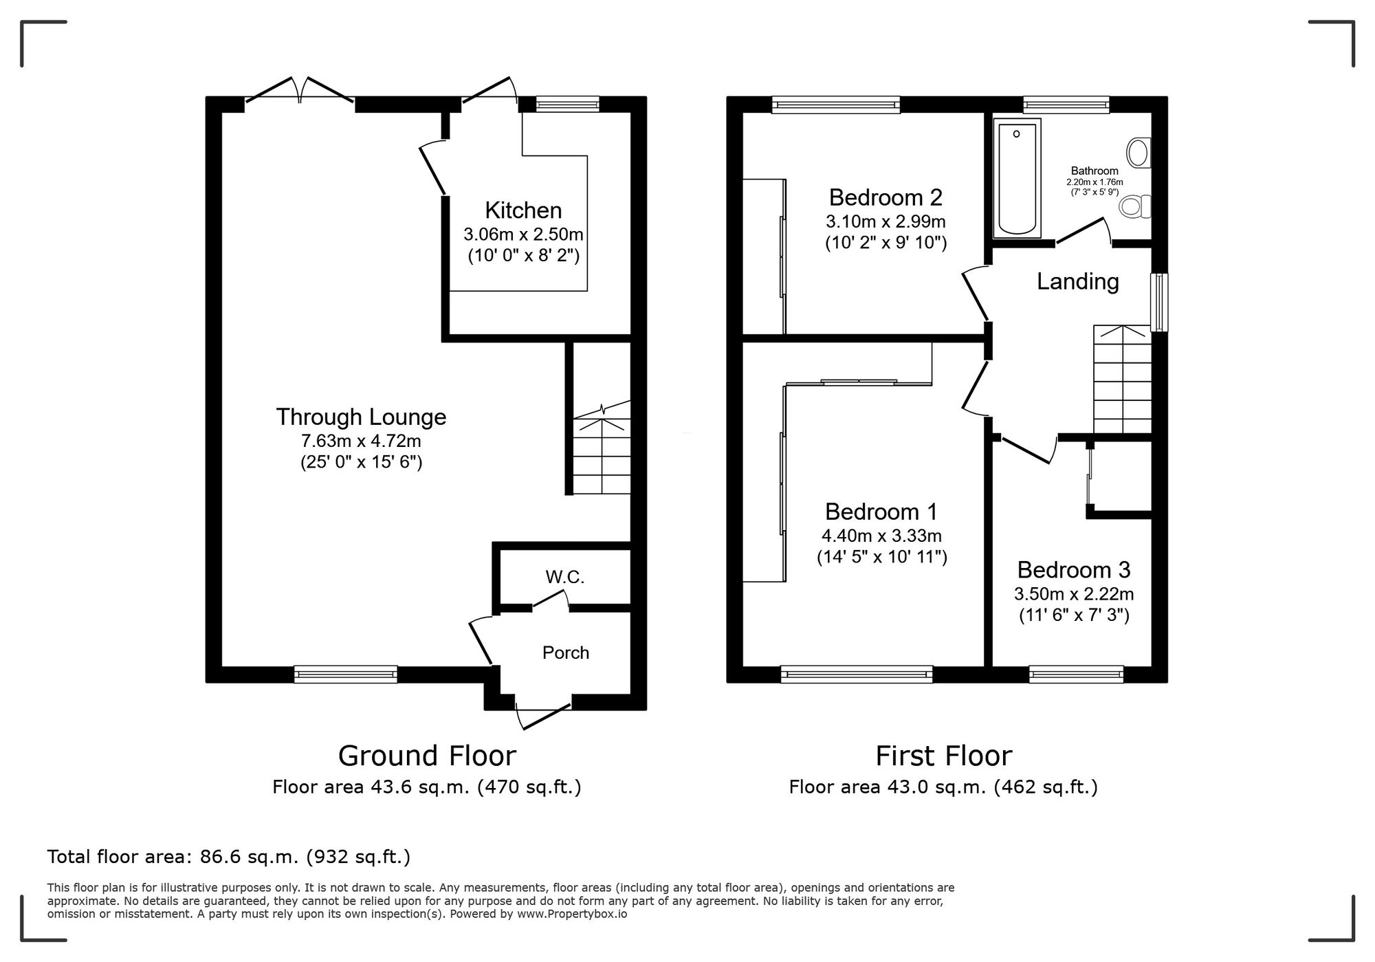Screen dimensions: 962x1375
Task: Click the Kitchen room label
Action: (523, 210)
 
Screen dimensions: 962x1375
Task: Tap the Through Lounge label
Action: (361, 417)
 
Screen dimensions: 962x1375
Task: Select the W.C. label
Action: (565, 577)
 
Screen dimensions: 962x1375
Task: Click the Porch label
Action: (565, 652)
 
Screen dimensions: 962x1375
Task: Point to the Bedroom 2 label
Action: (885, 197)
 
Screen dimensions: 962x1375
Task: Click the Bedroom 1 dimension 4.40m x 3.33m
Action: (881, 535)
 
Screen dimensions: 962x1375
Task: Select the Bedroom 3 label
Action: (1073, 569)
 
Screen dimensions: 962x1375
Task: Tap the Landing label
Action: (1077, 281)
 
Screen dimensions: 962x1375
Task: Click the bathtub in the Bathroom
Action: (1017, 177)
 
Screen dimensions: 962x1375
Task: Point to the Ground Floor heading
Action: (426, 756)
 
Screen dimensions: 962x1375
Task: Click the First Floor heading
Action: (943, 756)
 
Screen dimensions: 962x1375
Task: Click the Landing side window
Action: (1159, 303)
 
